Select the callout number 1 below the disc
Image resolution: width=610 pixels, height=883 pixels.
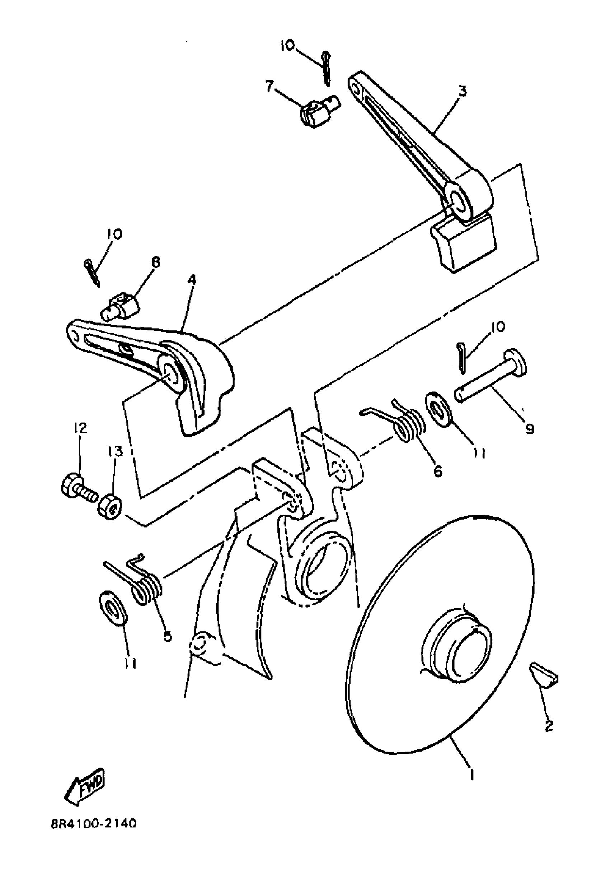pos(473,764)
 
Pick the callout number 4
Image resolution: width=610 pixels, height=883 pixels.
pos(192,280)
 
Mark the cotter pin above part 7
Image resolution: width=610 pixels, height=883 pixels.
pos(327,68)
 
